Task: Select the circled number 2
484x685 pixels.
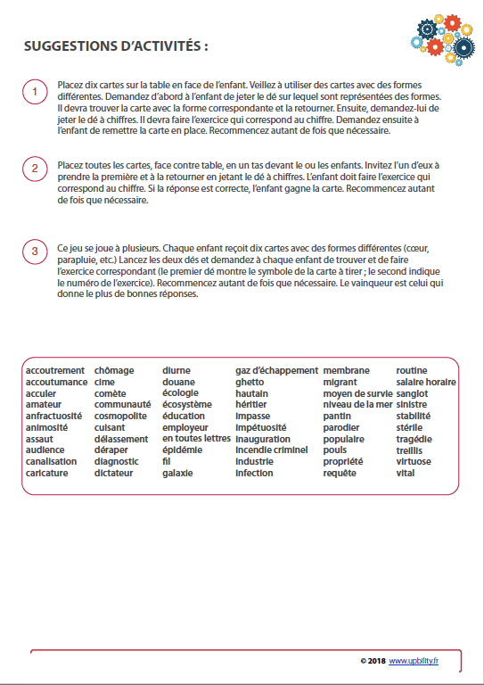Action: click(x=34, y=169)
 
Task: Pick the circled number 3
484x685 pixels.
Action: click(x=34, y=252)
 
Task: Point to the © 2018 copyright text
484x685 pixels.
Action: click(x=373, y=661)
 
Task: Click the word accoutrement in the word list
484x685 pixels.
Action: click(x=55, y=370)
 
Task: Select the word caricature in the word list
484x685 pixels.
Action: click(x=50, y=473)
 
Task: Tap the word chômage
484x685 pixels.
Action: click(x=114, y=370)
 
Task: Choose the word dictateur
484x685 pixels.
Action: click(x=114, y=473)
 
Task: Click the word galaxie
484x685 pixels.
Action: click(x=177, y=473)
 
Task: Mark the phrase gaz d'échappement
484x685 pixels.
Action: click(x=276, y=370)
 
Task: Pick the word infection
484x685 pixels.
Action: click(x=254, y=473)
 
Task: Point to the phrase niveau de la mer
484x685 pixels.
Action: click(x=357, y=404)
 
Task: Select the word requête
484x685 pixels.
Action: click(x=340, y=473)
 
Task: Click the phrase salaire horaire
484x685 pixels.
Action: click(x=426, y=382)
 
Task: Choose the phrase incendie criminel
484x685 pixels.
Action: click(x=271, y=450)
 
